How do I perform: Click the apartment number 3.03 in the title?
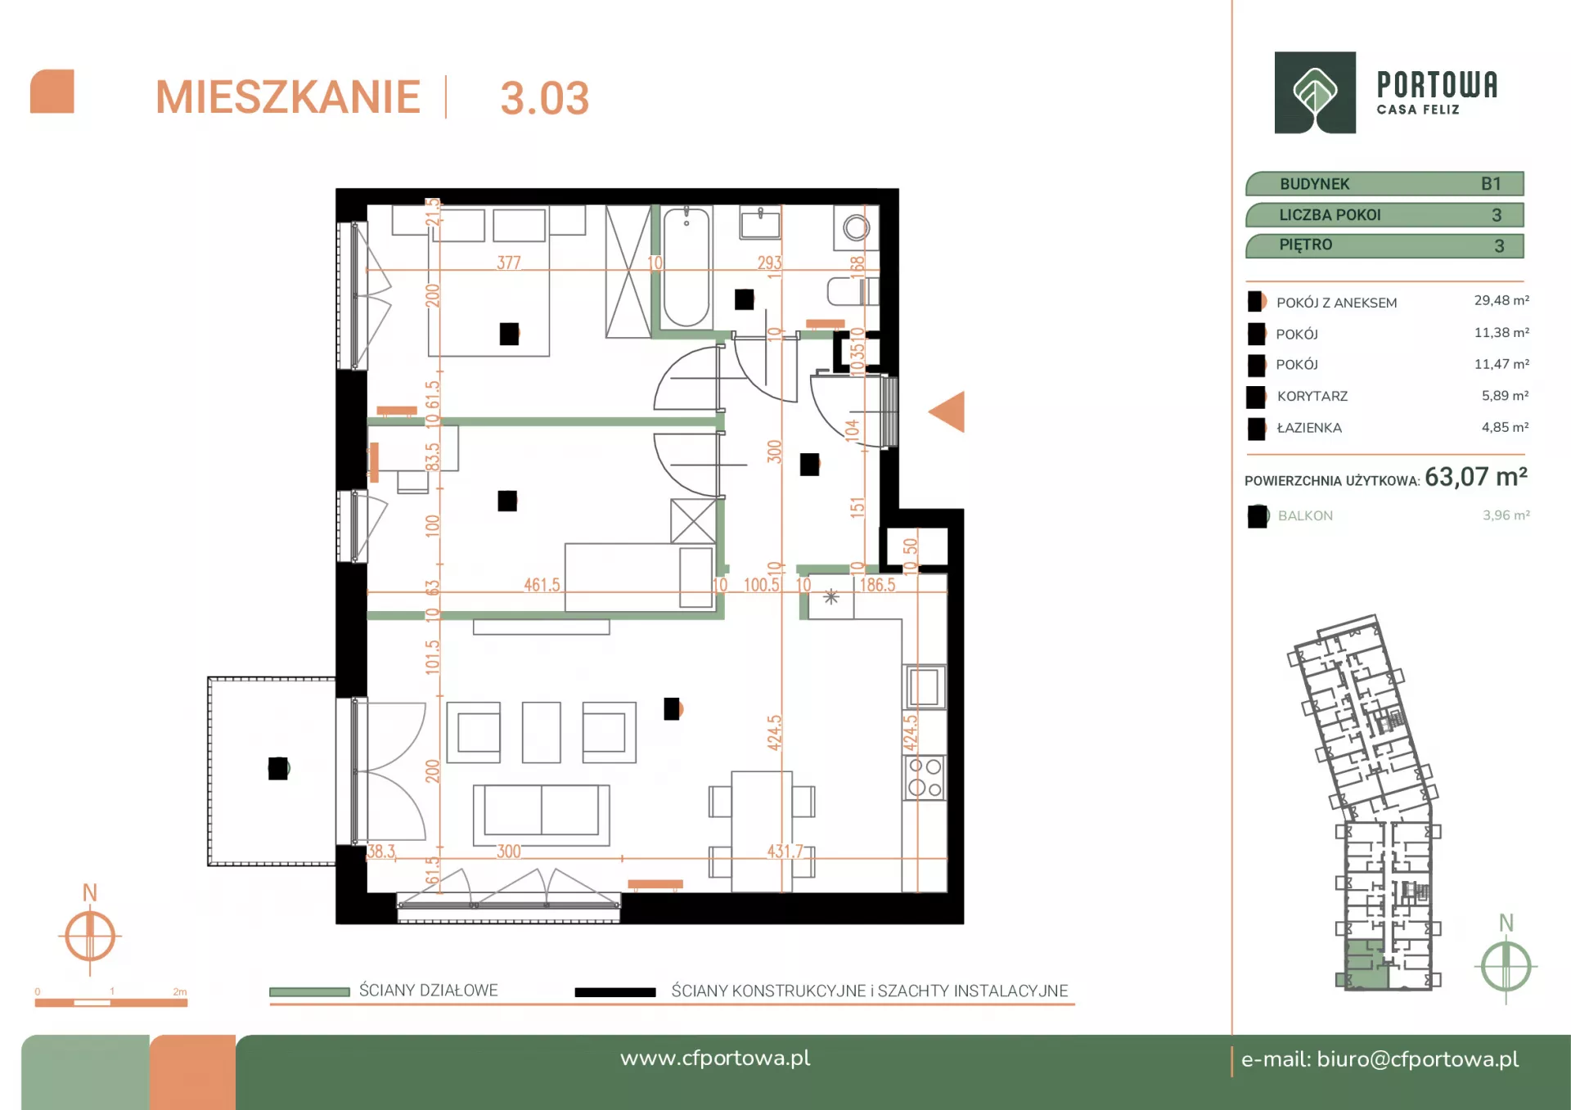pos(544,98)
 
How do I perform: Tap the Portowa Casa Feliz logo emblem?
pos(1315,92)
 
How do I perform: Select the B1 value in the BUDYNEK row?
pos(1491,184)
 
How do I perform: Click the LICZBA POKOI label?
pos(1330,215)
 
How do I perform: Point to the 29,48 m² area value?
pos(1501,301)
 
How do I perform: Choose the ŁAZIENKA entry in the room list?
pos(1309,428)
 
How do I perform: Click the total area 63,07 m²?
pos(1476,477)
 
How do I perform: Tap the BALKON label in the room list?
pos(1305,516)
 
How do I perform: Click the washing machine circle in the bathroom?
pos(856,227)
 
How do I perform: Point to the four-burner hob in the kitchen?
pos(925,777)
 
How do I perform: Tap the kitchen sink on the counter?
pos(925,686)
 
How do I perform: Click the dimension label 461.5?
pos(542,585)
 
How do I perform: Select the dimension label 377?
pos(509,263)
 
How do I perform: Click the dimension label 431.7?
pos(785,852)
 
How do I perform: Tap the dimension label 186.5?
pos(877,585)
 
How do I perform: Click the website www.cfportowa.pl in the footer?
pos(715,1058)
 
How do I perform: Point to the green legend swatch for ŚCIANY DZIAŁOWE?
pos(309,991)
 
